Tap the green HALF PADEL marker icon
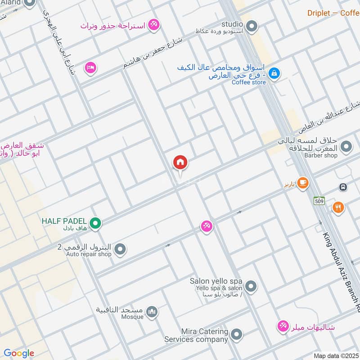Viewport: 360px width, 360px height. pos(95,222)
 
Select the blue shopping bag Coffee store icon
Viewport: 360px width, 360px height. pos(273,72)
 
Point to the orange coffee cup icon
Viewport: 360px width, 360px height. pos(302,182)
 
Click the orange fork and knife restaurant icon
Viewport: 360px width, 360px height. pos(338,207)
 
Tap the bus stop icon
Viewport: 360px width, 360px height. pos(343,187)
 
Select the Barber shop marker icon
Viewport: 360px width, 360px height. pos(346,146)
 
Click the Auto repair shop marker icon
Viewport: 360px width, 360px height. pos(120,248)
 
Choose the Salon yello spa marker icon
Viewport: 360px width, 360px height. pos(251,286)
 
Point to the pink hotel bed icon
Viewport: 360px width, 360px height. pos(91,68)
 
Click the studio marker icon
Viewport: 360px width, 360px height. pos(252,25)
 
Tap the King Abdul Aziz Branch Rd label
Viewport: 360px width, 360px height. pos(341,270)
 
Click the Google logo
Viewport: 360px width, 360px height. pos(19,353)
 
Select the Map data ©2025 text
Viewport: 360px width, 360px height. pos(335,355)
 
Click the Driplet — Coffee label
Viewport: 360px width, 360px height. pos(333,13)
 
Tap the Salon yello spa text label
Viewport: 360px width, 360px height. pos(216,281)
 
